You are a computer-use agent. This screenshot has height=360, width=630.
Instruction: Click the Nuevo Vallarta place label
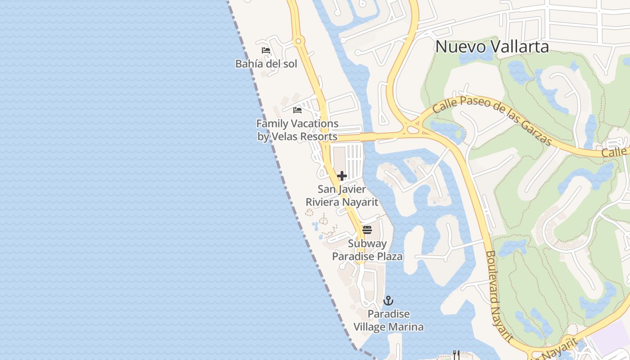[x=492, y=47]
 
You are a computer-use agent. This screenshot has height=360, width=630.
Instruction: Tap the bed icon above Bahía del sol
[x=266, y=50]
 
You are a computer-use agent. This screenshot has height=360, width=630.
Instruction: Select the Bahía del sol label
[x=266, y=64]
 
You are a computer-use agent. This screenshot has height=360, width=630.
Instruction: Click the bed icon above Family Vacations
[x=297, y=110]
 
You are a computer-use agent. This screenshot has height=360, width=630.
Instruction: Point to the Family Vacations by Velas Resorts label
[x=297, y=130]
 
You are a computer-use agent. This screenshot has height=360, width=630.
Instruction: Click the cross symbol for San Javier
[x=342, y=176]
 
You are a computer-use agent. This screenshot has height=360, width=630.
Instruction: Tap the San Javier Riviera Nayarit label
[x=342, y=196]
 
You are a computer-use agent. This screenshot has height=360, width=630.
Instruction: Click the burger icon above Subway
[x=367, y=230]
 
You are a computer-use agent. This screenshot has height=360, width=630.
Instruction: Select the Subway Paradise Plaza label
[x=367, y=250]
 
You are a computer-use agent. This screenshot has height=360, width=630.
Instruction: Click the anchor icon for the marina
[x=388, y=301]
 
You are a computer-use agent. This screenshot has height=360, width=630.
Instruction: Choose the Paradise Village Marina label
[x=388, y=320]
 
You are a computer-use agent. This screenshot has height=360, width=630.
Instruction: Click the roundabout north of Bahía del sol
[x=298, y=41]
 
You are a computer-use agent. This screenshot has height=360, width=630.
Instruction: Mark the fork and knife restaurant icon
[x=456, y=355]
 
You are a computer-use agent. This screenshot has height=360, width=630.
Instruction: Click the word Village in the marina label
[x=371, y=327]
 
